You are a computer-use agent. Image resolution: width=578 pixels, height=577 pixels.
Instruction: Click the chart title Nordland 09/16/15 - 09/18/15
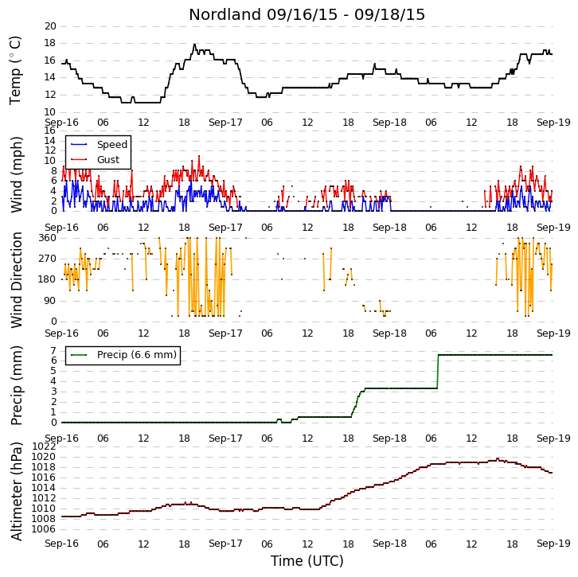[x=307, y=15]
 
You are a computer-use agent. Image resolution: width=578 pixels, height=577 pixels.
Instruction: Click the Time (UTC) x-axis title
[x=307, y=561]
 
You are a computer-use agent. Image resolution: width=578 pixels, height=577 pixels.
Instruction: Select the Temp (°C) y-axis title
[x=15, y=70]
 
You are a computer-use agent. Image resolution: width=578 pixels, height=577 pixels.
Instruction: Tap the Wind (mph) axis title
[x=16, y=174]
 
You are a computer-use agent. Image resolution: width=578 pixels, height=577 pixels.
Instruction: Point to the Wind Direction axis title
[x=16, y=280]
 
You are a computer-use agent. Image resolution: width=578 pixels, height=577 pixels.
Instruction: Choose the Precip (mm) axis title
[x=16, y=386]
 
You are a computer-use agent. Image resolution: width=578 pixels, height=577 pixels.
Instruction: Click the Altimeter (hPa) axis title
[x=16, y=492]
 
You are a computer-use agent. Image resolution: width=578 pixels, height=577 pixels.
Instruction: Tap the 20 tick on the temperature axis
[x=50, y=26]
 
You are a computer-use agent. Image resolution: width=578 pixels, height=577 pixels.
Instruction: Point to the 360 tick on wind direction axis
[x=47, y=238]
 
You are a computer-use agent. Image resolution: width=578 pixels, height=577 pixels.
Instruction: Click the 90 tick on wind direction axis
[x=50, y=301]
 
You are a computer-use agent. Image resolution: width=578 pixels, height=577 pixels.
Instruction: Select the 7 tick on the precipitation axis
[x=54, y=350]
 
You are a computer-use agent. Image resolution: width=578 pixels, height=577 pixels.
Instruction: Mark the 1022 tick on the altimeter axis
[x=44, y=446]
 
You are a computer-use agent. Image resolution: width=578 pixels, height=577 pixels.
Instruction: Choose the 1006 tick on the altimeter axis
[x=44, y=529]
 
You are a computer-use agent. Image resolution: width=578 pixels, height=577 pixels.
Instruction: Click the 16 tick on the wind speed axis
[x=50, y=131]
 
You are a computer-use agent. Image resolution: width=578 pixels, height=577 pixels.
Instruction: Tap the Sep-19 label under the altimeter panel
[x=553, y=544]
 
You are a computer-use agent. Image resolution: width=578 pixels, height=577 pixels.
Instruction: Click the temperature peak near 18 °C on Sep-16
[x=194, y=45]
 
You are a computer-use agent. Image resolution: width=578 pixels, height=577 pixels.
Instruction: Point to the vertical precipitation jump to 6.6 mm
[x=438, y=372]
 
